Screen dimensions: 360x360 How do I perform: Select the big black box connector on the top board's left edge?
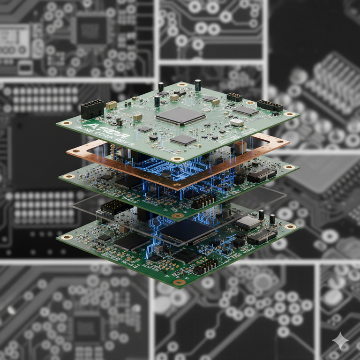pos(92,110)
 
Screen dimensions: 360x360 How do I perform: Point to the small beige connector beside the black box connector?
pos(112,105)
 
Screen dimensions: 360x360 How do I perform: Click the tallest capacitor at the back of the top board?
pos(198,85)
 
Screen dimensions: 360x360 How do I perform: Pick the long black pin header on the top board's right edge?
pos(270,105)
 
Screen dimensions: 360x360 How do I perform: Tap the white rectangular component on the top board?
pos(237,122)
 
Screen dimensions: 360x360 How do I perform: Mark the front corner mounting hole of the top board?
pos(177,159)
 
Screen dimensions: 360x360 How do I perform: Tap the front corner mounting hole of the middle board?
pos(177,216)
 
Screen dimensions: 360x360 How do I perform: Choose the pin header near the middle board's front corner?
pos(203,202)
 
